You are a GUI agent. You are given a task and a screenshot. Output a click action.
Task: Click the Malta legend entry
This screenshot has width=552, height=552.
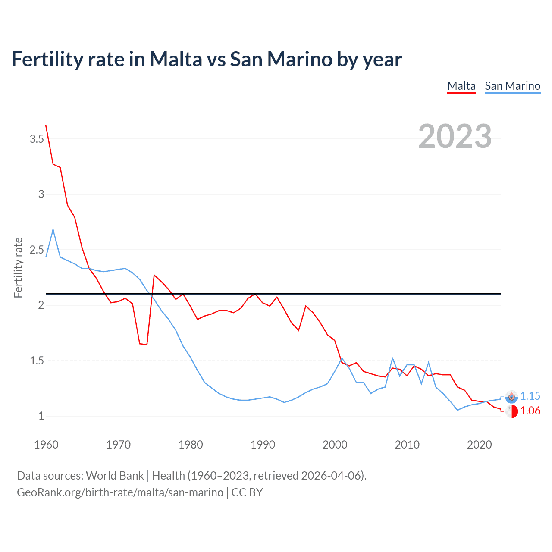pyautogui.click(x=461, y=86)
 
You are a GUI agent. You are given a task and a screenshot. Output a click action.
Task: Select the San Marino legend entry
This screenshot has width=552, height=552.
pyautogui.click(x=512, y=86)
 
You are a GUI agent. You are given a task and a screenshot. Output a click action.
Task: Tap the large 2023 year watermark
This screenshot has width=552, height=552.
pyautogui.click(x=455, y=136)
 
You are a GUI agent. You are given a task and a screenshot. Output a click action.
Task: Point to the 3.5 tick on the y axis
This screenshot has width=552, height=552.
pyautogui.click(x=37, y=139)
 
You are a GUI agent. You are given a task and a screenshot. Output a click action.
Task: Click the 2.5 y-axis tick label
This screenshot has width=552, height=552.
pyautogui.click(x=37, y=250)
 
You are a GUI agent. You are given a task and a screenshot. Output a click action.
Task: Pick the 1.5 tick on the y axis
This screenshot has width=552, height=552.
pyautogui.click(x=37, y=361)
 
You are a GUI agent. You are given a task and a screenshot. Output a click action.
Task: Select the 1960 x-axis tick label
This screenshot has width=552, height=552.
pyautogui.click(x=46, y=445)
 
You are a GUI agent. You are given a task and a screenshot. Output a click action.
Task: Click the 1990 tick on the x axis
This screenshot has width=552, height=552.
pyautogui.click(x=263, y=445)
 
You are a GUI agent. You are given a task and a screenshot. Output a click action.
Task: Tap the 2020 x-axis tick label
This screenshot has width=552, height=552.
pyautogui.click(x=479, y=445)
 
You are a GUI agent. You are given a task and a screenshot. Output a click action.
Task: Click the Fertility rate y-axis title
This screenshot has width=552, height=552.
pyautogui.click(x=18, y=267)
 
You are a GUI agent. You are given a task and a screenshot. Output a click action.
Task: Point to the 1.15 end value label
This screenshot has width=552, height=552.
pyautogui.click(x=530, y=396)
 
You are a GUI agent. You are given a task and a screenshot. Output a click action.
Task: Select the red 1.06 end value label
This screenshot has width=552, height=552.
pyautogui.click(x=530, y=411)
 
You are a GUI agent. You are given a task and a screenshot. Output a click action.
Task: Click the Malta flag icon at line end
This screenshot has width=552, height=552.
pyautogui.click(x=511, y=411)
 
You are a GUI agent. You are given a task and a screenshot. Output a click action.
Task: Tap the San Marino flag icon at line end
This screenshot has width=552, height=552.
pyautogui.click(x=511, y=397)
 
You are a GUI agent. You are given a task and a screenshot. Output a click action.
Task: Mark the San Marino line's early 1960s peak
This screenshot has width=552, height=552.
pyautogui.click(x=53, y=229)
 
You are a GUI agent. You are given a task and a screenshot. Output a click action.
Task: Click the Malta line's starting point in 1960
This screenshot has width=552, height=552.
pyautogui.click(x=46, y=126)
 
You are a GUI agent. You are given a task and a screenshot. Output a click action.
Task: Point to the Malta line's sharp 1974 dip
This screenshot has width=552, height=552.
pyautogui.click(x=147, y=345)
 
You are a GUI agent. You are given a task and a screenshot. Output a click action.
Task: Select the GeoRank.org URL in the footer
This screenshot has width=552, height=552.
pyautogui.click(x=120, y=492)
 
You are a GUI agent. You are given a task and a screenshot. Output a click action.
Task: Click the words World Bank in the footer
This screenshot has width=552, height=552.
pyautogui.click(x=115, y=476)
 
